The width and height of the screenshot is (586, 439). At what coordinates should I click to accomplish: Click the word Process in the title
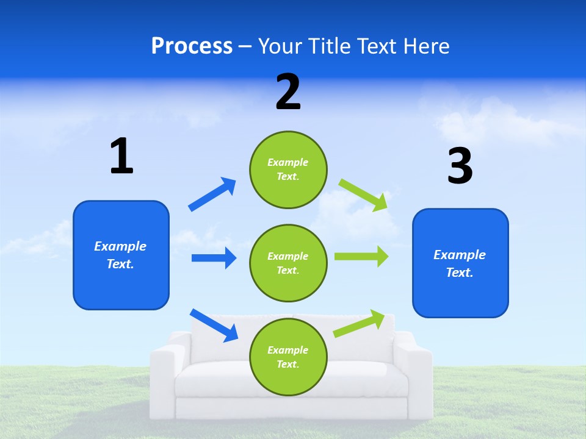192,46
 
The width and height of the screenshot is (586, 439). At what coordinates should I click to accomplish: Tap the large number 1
121,157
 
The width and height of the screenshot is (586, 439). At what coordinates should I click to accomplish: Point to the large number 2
288,92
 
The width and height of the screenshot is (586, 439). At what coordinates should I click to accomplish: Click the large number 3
460,166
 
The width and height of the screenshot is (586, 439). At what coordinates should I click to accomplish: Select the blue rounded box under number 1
121,255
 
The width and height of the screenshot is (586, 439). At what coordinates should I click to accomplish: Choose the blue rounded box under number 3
460,263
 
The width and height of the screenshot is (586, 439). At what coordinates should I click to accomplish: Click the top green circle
288,170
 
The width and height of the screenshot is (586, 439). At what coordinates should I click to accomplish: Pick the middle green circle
288,263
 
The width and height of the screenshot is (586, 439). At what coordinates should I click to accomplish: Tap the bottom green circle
288,357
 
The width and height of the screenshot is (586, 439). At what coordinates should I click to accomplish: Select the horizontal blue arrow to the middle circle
214,258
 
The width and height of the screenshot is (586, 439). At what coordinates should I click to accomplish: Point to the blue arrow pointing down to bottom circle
214,325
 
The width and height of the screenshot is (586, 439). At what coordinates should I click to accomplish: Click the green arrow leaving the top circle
363,195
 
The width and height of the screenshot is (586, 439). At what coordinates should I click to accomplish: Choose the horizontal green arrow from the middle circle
361,257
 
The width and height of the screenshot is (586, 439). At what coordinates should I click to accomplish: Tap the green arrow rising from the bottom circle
360,324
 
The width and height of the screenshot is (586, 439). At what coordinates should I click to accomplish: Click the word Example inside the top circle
288,162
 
